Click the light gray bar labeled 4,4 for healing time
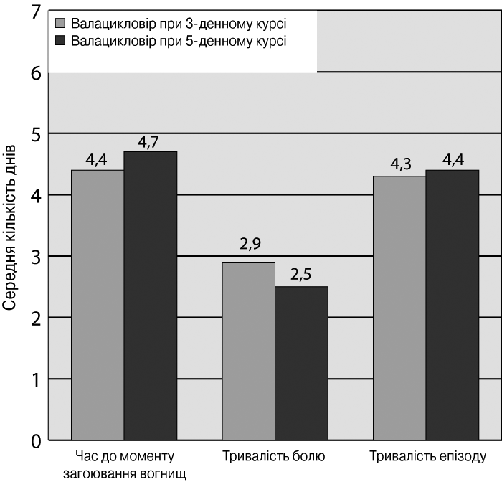pos(98,305)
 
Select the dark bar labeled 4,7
pos(151,296)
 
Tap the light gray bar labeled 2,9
pos(249,351)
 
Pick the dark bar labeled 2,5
pos(302,364)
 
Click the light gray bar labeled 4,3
pos(399,308)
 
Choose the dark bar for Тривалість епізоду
pos(453,305)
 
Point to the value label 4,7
pos(148,143)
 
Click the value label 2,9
pos(250,244)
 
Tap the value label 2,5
pos(301,275)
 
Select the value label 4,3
pos(401,164)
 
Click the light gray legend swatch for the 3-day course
pos(60,24)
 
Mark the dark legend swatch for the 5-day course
pos(60,41)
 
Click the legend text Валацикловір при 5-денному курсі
pos(179,42)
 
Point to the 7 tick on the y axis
pos(37,12)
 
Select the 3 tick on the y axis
pos(36,257)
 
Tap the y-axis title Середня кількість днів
pos(9,228)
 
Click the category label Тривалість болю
pos(274,456)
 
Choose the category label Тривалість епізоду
pos(427,457)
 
